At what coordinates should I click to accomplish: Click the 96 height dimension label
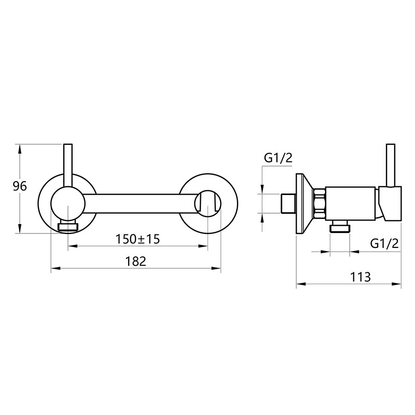coord(20,187)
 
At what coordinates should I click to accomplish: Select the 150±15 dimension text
coord(137,239)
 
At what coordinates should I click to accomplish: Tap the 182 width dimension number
coord(135,261)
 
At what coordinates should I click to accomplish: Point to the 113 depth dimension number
coord(361,277)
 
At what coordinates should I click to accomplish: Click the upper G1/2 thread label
coord(278,158)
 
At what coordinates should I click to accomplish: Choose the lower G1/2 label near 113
coord(384,243)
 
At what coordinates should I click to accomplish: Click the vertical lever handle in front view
coord(68,166)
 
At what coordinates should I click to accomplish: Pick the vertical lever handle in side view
coord(391,165)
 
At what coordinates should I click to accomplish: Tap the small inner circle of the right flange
coord(208,203)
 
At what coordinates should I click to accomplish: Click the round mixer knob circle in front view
coord(68,203)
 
